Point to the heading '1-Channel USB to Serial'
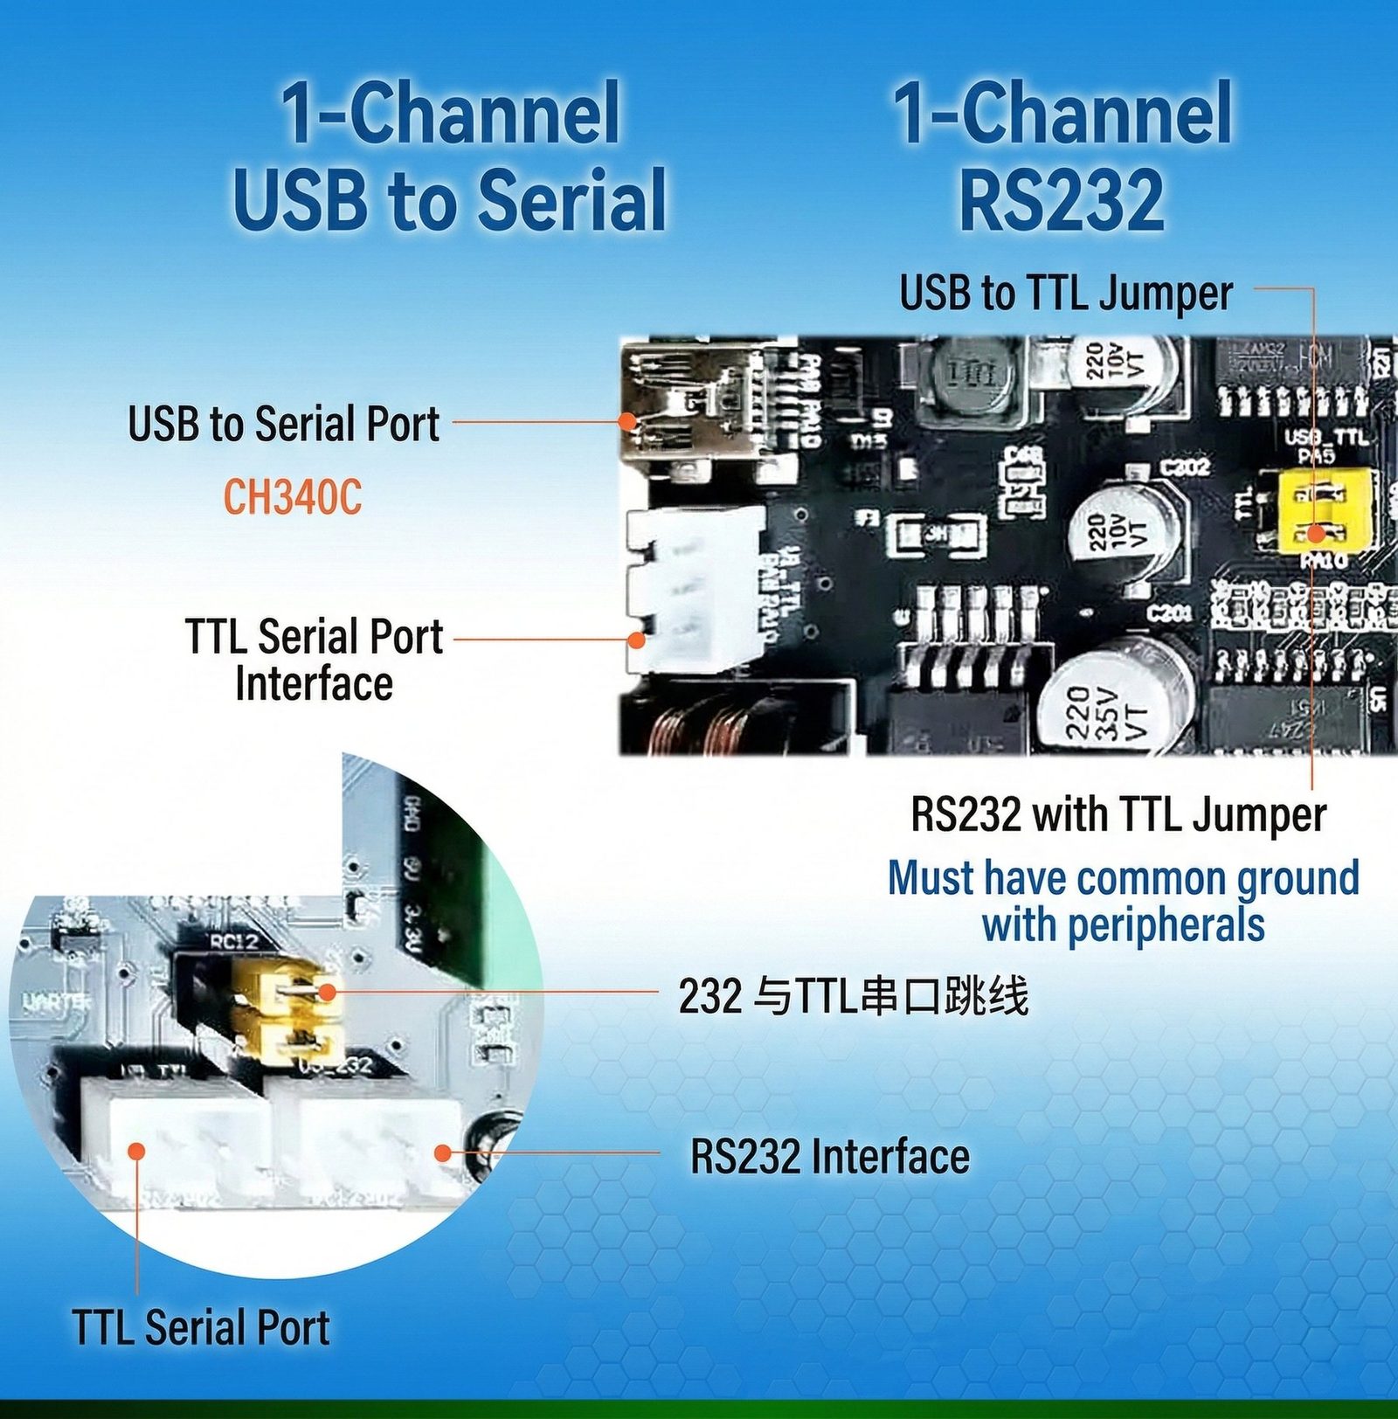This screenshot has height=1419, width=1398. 449,157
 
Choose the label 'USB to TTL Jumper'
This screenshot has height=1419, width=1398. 1065,293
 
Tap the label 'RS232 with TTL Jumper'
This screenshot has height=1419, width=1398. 1118,814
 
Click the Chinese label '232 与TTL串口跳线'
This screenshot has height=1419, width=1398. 853,995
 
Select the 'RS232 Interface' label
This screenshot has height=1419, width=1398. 829,1156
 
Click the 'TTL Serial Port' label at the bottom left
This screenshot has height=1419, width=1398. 201,1327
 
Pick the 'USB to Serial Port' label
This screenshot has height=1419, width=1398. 283,424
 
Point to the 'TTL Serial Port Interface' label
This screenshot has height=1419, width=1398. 315,660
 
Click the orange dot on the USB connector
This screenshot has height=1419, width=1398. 626,420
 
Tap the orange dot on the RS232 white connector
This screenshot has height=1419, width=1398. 443,1153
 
